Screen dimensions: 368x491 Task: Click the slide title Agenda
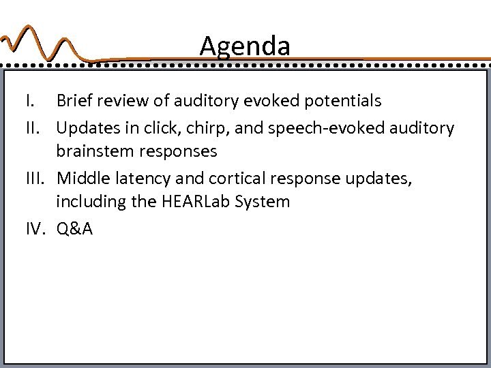tap(245, 46)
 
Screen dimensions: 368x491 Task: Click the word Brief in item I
tap(76, 102)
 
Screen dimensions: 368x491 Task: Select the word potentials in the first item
tap(341, 102)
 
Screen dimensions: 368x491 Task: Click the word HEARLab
tap(209, 202)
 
